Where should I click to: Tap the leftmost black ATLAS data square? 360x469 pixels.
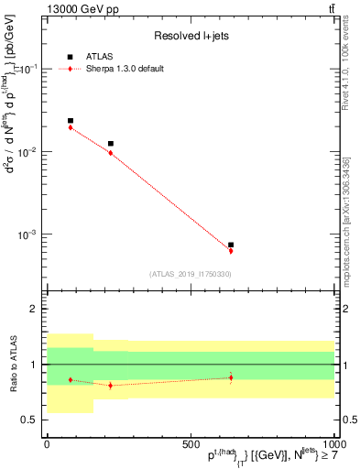pyautogui.click(x=71, y=121)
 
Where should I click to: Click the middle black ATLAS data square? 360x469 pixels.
pyautogui.click(x=111, y=144)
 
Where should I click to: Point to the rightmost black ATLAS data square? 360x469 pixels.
pyautogui.click(x=231, y=245)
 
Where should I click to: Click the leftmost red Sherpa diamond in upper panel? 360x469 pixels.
pyautogui.click(x=71, y=127)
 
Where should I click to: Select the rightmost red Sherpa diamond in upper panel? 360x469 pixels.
pyautogui.click(x=231, y=251)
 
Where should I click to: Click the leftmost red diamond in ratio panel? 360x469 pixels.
pyautogui.click(x=71, y=380)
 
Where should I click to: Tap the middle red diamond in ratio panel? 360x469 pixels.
pyautogui.click(x=111, y=386)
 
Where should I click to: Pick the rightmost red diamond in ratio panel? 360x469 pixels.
pyautogui.click(x=231, y=377)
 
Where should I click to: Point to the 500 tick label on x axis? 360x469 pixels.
pyautogui.click(x=191, y=444)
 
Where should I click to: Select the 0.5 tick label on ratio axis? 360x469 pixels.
pyautogui.click(x=27, y=420)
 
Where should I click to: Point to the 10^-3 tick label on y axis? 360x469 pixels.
pyautogui.click(x=24, y=234)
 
